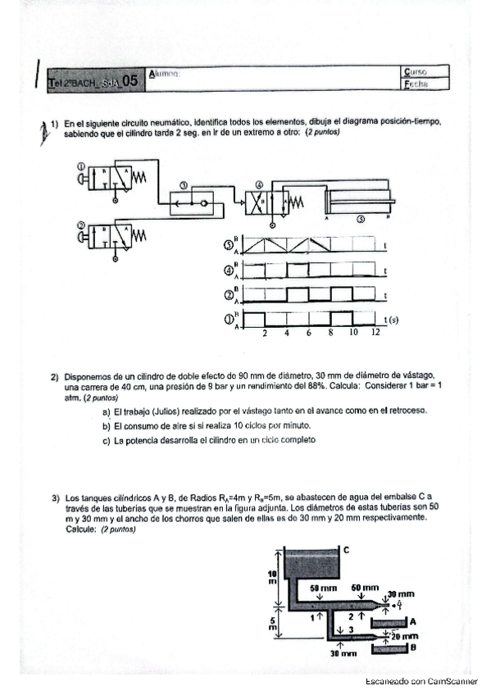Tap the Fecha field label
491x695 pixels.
tap(415, 84)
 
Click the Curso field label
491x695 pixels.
tap(415, 72)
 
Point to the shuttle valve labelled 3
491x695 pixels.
tap(189, 201)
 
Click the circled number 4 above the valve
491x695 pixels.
tap(259, 185)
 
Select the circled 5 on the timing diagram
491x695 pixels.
tap(229, 245)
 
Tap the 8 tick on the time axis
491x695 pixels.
tap(330, 334)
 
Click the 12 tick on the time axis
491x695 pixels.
tap(375, 334)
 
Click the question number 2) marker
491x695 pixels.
tap(55, 376)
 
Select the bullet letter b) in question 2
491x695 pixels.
tap(106, 426)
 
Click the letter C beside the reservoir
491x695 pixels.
tap(346, 550)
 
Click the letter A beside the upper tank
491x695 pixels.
tap(412, 621)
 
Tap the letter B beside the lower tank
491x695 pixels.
tap(412, 647)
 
